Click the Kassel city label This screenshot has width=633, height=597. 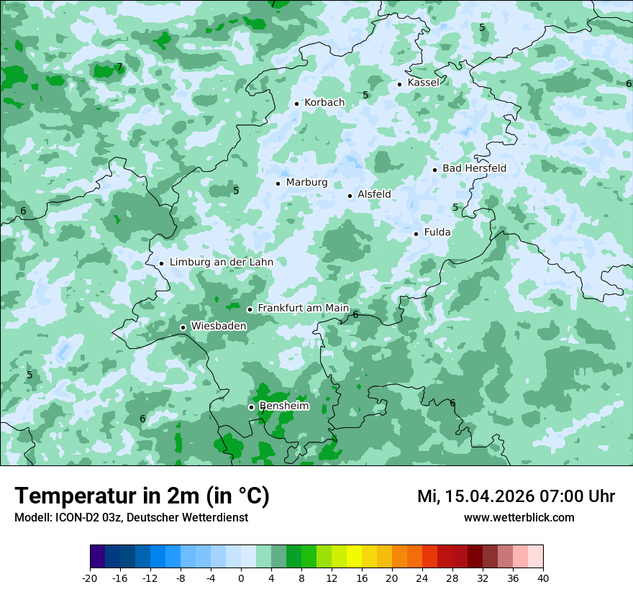point(423,83)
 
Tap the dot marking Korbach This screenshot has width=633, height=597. point(296,104)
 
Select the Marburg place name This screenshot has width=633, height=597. point(306,183)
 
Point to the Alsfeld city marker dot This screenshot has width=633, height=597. point(350,196)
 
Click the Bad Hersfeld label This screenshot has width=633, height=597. point(474,168)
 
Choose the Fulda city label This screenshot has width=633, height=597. point(437,232)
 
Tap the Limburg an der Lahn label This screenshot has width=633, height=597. point(221,263)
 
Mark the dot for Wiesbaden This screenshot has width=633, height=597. point(183,328)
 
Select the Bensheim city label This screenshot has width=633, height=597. point(284,406)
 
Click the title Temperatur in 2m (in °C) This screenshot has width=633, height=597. point(142,496)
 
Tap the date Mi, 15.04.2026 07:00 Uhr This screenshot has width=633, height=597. point(516,496)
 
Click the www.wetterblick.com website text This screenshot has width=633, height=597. point(519,518)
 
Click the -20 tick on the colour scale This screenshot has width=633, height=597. point(90,578)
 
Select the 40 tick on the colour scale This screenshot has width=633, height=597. point(543,578)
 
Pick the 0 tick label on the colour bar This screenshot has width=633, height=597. point(241,578)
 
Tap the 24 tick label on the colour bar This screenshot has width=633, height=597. point(422,578)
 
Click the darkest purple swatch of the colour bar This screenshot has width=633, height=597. point(97,557)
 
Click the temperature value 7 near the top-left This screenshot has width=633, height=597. point(119,68)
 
